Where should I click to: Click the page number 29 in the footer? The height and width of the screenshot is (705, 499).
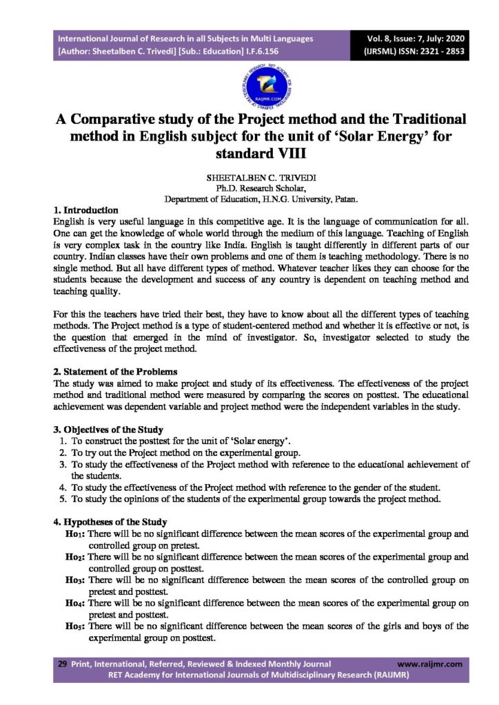pyautogui.click(x=62, y=664)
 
